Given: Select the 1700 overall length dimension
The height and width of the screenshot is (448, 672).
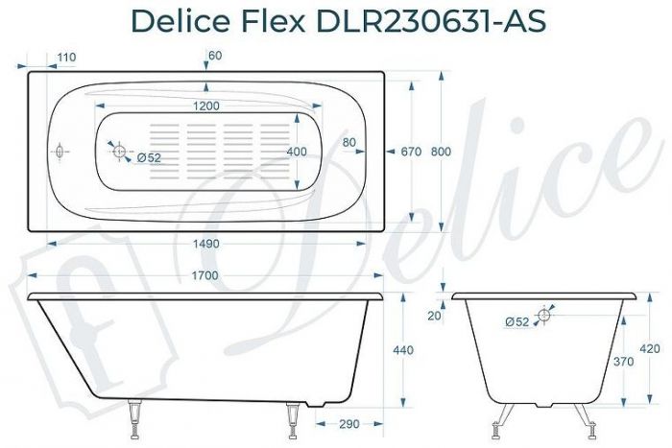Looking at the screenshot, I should point(205,276).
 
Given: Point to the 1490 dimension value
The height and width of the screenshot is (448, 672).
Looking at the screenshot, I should point(205,244).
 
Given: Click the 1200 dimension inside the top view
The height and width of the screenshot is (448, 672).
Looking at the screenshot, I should point(205,106).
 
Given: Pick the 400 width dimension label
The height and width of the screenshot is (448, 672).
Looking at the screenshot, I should point(298,153).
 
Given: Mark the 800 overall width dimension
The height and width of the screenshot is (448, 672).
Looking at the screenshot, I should point(442,153).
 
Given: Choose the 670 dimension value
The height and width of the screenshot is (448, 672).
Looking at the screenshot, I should point(412,153).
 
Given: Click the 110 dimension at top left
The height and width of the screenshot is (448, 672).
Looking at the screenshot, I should point(65,58).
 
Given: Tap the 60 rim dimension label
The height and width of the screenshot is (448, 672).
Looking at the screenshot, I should point(214,56).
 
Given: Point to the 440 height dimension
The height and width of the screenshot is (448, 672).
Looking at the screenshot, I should point(403,350).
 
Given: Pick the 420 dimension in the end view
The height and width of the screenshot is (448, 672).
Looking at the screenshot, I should point(649,348).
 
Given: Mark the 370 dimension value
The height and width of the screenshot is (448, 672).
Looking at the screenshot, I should point(623,362).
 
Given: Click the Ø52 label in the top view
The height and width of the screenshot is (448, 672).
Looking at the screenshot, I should point(148,157).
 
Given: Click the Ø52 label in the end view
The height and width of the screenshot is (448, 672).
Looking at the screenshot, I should point(516,322).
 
